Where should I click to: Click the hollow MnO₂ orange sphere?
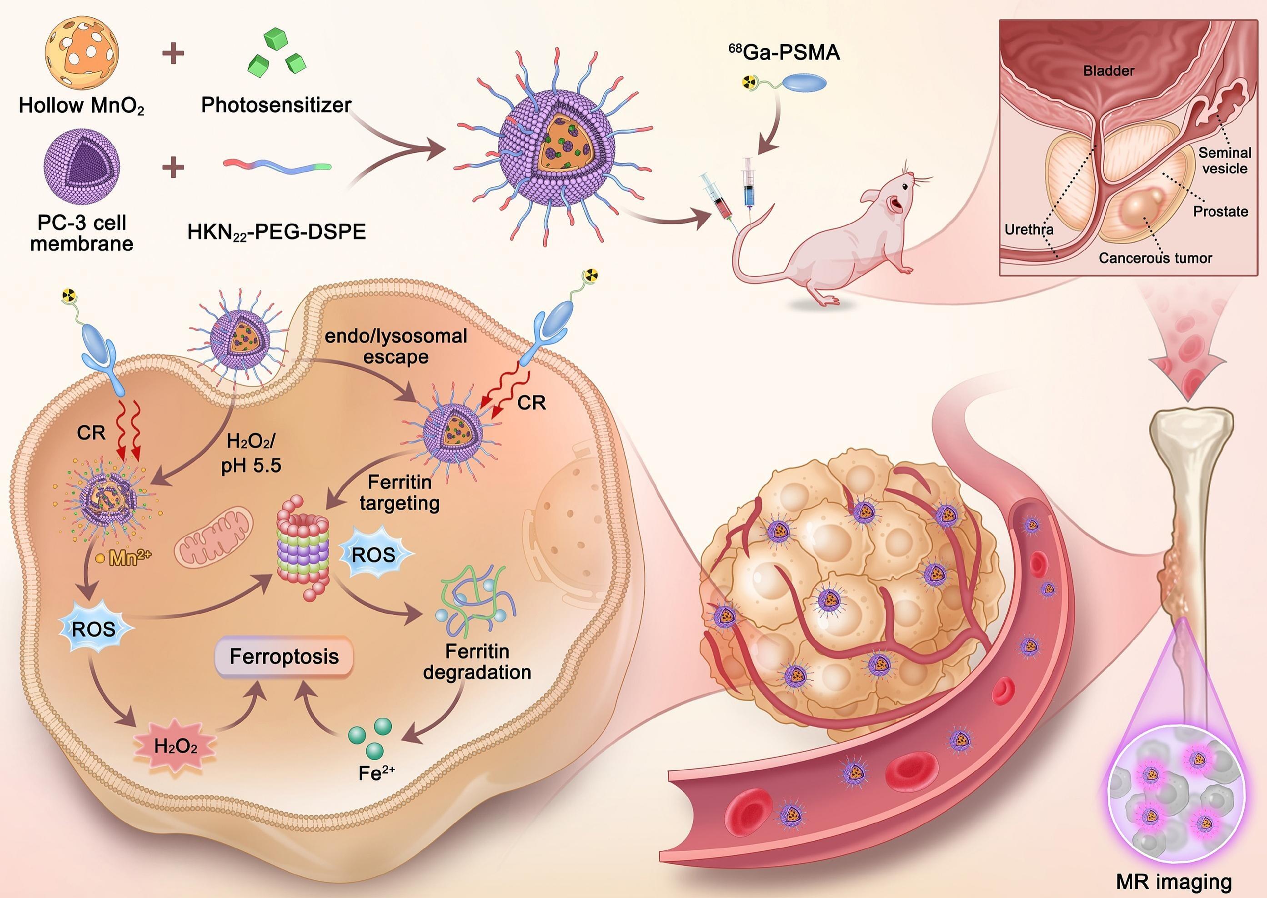[x=81, y=53]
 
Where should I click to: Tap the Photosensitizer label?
[x=276, y=105]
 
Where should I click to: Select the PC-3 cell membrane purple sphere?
[x=81, y=168]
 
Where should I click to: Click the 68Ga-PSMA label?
[x=784, y=53]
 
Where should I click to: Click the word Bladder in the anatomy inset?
[x=1108, y=71]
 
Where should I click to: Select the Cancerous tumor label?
[x=1155, y=258]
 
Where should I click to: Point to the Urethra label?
[x=1029, y=229]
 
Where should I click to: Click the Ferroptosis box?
[x=284, y=656]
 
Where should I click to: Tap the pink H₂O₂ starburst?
[x=175, y=747]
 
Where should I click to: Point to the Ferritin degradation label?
[x=477, y=662]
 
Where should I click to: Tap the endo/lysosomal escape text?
[x=396, y=346]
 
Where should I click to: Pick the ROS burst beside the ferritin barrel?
[x=373, y=555]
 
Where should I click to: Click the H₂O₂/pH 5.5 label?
[x=251, y=454]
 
